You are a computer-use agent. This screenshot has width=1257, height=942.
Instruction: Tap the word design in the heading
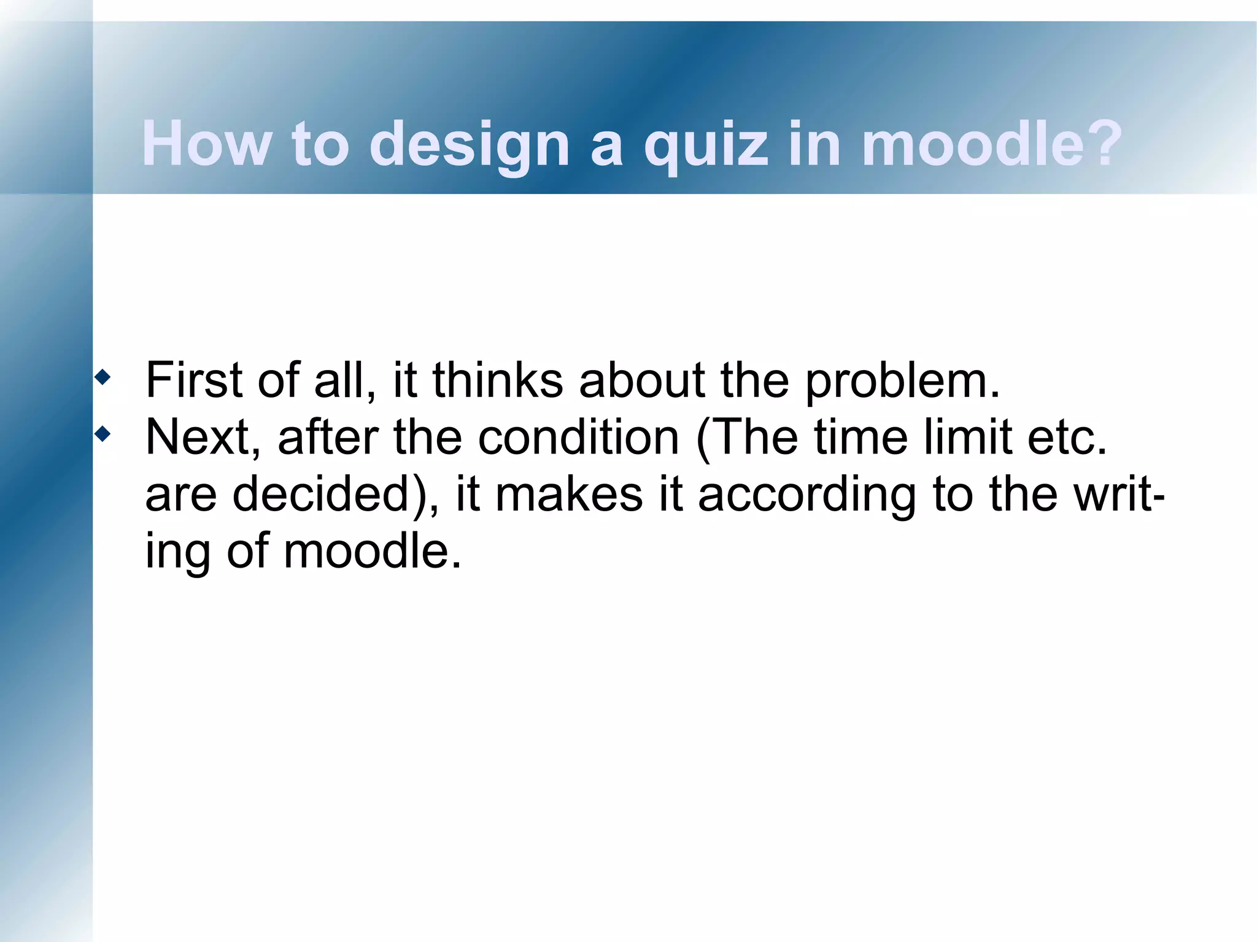click(x=470, y=145)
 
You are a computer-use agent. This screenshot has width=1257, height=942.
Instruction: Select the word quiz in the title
click(x=706, y=145)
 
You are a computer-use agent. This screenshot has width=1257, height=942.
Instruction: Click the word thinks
click(x=498, y=380)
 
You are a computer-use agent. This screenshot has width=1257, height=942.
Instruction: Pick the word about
click(x=642, y=380)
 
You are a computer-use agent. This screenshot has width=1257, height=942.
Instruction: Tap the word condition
click(x=578, y=437)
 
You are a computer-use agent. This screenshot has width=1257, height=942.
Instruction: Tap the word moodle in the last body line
click(x=371, y=550)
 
